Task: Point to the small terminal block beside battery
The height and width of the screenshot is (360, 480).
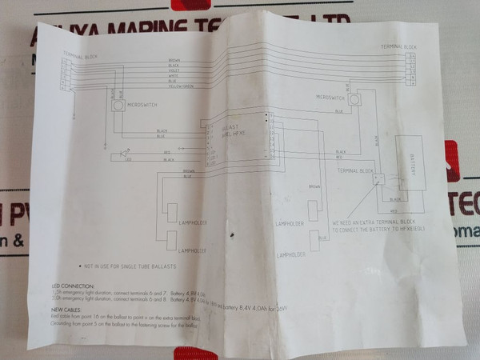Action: coord(378,180)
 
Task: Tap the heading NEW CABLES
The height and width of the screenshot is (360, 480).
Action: coord(67,309)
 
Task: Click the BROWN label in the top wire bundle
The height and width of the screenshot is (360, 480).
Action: coord(174,60)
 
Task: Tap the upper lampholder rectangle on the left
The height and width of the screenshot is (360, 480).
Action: coord(172,212)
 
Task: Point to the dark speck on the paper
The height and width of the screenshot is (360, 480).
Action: coord(232,235)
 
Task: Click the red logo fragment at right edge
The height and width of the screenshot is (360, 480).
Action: coord(453,160)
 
